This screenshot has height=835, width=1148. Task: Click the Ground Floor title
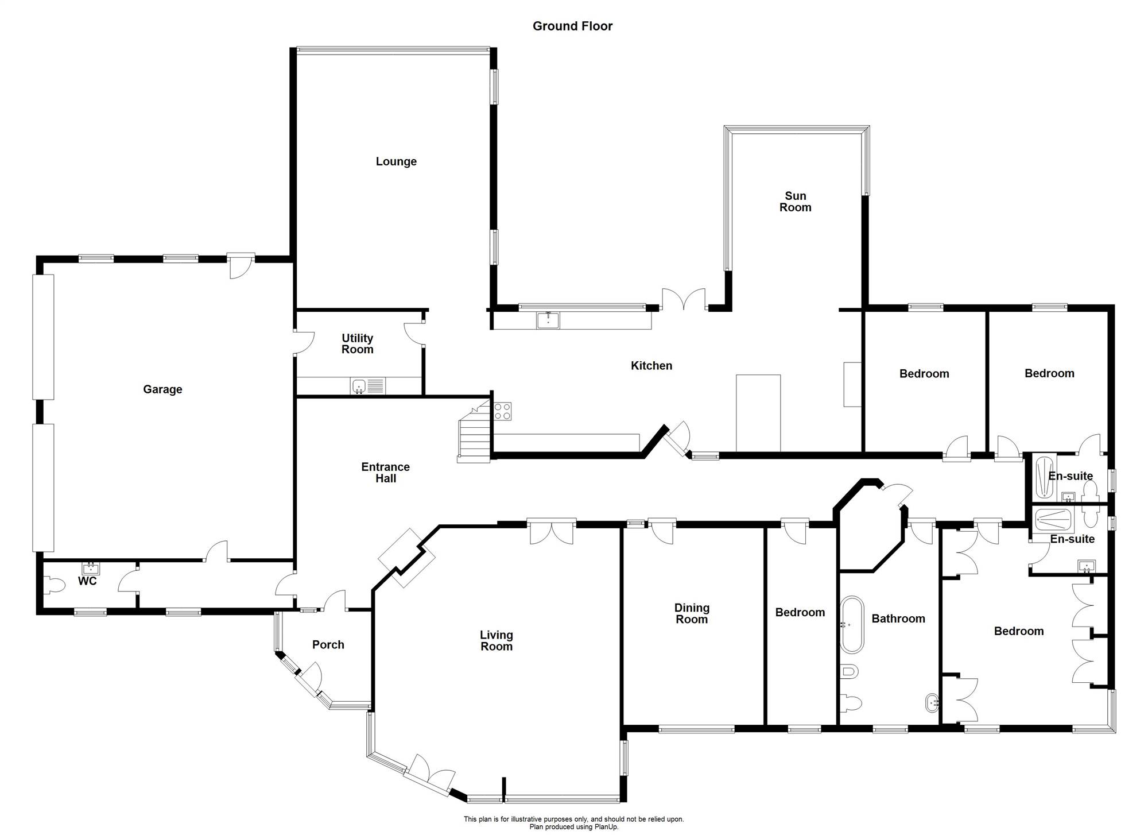(x=572, y=26)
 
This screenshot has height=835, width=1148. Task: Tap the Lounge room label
(x=396, y=161)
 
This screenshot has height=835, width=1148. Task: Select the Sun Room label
(x=796, y=202)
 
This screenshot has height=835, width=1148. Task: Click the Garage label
(x=162, y=389)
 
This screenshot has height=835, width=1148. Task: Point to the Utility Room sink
(x=359, y=386)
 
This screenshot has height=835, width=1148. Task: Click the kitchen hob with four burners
(x=502, y=411)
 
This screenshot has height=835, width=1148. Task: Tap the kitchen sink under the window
(x=548, y=320)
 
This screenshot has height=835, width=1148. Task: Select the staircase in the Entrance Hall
(x=474, y=432)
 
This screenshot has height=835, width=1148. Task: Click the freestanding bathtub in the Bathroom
(x=852, y=625)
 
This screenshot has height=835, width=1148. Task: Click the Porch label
(x=328, y=644)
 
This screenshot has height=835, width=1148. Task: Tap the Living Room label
(x=497, y=640)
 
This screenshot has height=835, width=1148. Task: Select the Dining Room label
(x=692, y=613)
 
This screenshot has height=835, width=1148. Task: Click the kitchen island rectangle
(x=758, y=413)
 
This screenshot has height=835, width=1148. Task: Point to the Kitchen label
(x=651, y=366)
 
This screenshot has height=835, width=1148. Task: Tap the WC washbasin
(x=91, y=569)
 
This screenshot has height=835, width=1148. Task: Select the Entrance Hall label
(x=386, y=473)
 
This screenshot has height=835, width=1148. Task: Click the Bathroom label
(x=898, y=618)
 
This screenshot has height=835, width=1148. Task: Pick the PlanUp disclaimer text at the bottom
(x=574, y=823)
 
